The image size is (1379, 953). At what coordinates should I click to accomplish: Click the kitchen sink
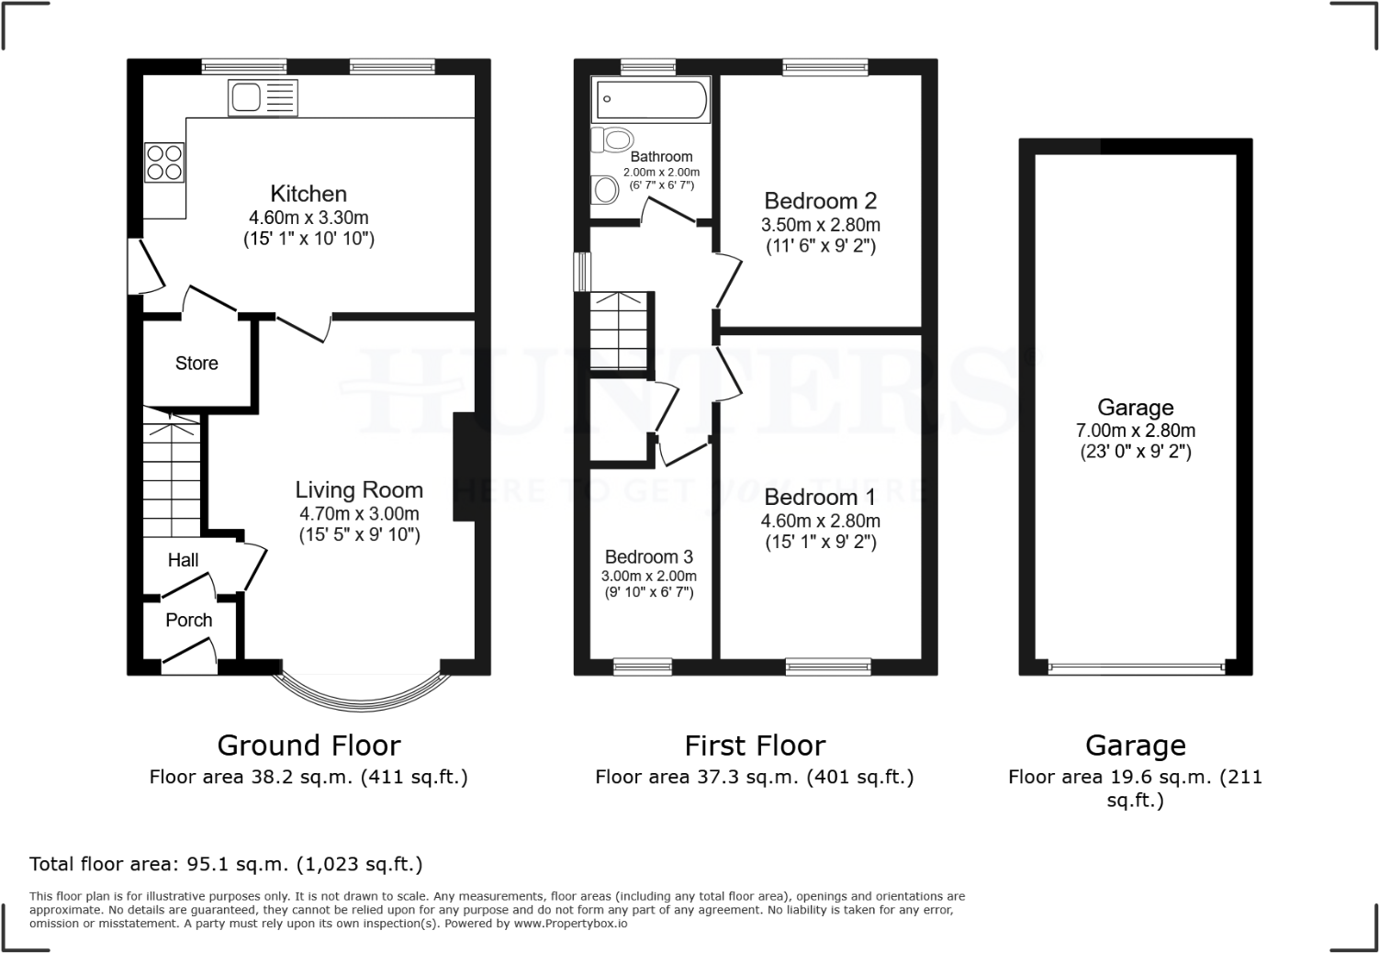[x=262, y=97]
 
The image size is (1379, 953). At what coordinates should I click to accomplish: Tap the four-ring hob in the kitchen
[x=164, y=163]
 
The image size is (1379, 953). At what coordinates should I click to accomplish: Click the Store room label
[x=196, y=364]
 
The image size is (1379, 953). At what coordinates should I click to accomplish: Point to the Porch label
[x=189, y=621]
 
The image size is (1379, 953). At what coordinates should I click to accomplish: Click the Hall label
[x=183, y=560]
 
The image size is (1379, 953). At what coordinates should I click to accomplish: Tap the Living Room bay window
[x=361, y=702]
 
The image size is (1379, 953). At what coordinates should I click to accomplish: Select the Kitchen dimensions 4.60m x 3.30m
[x=308, y=218]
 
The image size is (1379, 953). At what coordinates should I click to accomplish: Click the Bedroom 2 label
[x=820, y=200]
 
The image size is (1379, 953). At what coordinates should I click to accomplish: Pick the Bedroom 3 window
[x=643, y=667]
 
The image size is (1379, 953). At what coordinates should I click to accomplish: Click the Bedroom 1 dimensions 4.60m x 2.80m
[x=820, y=521]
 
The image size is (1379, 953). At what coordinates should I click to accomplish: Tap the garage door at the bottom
[x=1136, y=667]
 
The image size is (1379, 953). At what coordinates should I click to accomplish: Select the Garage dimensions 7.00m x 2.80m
[x=1136, y=431]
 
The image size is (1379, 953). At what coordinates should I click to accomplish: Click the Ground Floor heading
[x=308, y=745]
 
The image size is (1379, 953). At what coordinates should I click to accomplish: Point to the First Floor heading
[x=755, y=745]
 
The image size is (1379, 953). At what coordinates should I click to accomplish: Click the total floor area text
[x=226, y=864]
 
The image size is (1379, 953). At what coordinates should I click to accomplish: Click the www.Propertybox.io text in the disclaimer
[x=569, y=924]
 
